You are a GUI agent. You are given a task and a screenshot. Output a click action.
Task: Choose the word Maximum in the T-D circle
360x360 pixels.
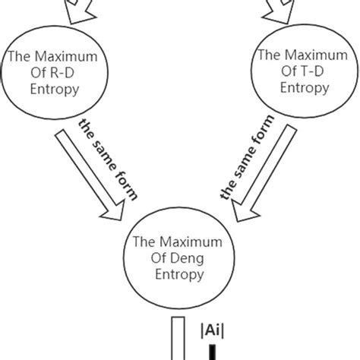coord(308,55)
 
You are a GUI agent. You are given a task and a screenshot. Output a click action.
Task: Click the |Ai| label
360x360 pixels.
coord(210,332)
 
